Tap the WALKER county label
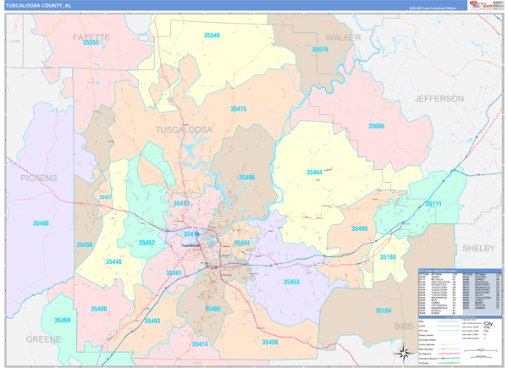click(343, 38)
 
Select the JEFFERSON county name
click(439, 99)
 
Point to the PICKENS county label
click(39, 179)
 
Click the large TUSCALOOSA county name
click(184, 129)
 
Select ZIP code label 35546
click(212, 36)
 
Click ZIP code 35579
click(320, 50)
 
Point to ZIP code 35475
click(238, 109)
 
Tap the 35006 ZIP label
click(376, 125)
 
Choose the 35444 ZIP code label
click(313, 172)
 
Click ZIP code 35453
click(291, 282)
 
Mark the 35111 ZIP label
click(433, 204)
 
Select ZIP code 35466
click(41, 223)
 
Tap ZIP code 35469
click(62, 321)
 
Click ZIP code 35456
click(269, 342)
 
